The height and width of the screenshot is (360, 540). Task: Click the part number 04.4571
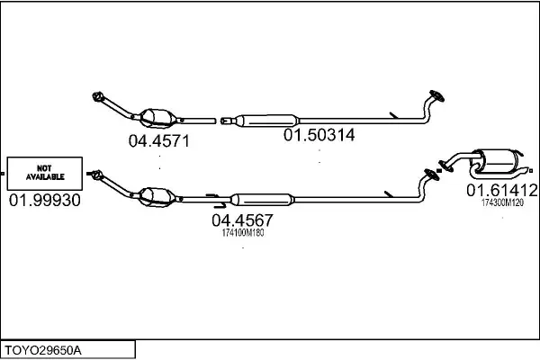(159, 141)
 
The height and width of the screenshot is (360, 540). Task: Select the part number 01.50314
(319, 135)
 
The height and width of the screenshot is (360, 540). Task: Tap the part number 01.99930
(45, 200)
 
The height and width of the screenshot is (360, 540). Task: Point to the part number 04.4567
(242, 220)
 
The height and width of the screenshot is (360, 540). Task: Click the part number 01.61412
(502, 190)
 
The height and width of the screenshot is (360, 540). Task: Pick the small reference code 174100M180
(243, 233)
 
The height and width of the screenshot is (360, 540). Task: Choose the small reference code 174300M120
(502, 202)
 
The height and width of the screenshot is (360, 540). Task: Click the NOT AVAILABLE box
(45, 174)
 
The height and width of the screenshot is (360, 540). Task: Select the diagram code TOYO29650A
(43, 350)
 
